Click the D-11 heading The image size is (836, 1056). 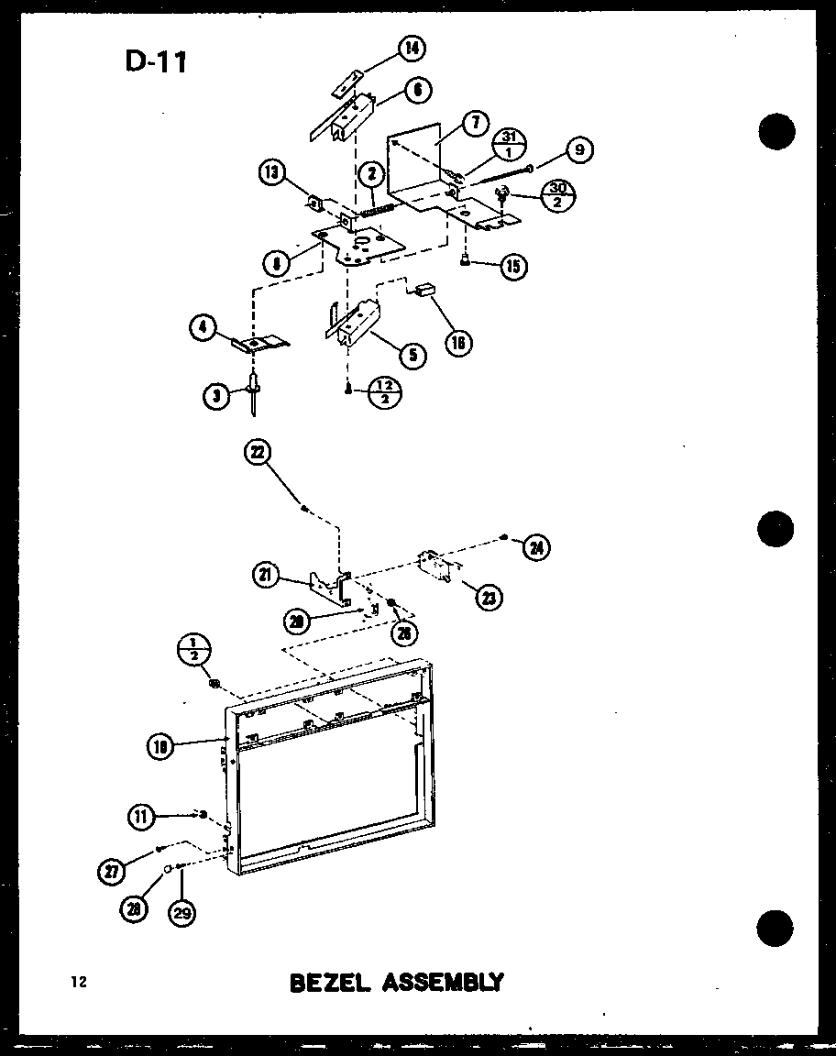coord(155,61)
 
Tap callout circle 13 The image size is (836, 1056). coord(272,173)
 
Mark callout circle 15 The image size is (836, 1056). coord(513,266)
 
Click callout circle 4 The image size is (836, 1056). coord(204,327)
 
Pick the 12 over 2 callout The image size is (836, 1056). coord(385,393)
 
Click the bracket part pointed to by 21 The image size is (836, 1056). coord(325,588)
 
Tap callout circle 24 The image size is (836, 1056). coord(534,548)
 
